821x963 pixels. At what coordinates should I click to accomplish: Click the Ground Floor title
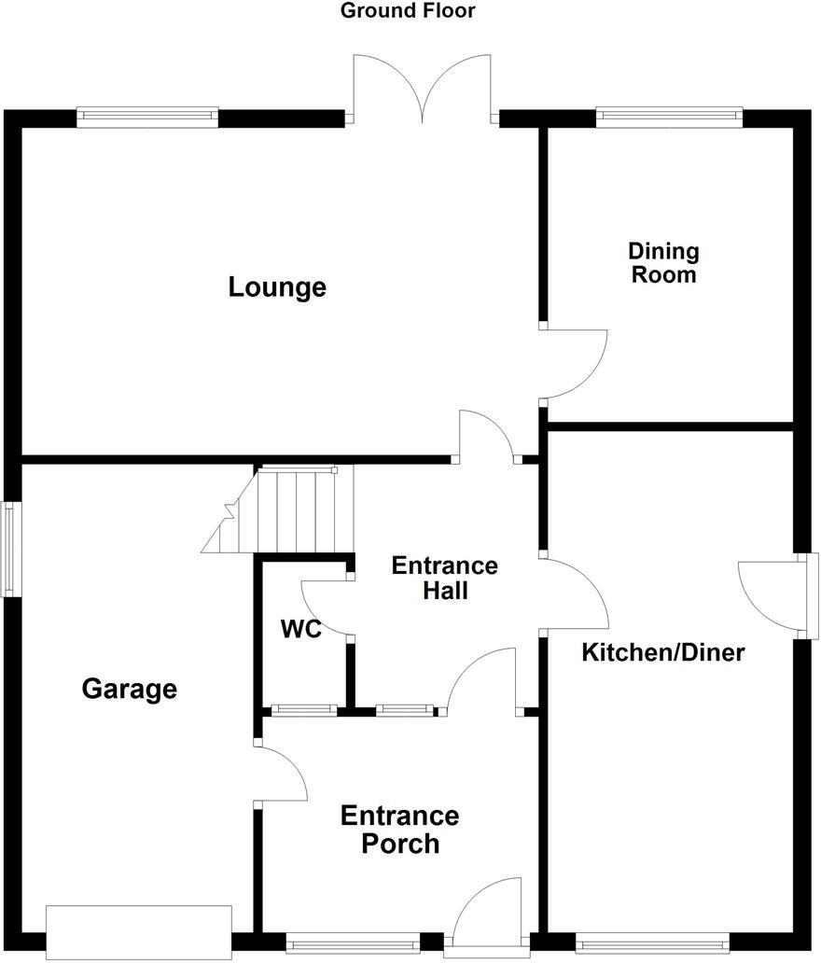click(408, 11)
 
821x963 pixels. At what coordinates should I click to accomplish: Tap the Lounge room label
click(277, 287)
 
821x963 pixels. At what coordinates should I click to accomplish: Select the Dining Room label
click(662, 263)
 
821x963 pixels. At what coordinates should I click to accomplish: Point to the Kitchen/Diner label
click(663, 652)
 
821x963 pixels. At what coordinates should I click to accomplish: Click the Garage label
click(130, 690)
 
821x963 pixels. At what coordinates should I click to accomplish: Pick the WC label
click(301, 630)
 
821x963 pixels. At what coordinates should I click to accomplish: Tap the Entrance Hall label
click(444, 578)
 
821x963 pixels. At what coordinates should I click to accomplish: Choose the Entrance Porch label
click(399, 830)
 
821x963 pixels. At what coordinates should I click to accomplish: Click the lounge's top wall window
click(147, 118)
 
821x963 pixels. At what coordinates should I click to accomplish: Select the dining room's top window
click(669, 118)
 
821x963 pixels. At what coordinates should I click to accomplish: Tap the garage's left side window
click(7, 549)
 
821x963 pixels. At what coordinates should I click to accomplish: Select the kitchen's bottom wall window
click(651, 943)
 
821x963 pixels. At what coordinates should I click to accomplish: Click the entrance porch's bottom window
click(353, 943)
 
